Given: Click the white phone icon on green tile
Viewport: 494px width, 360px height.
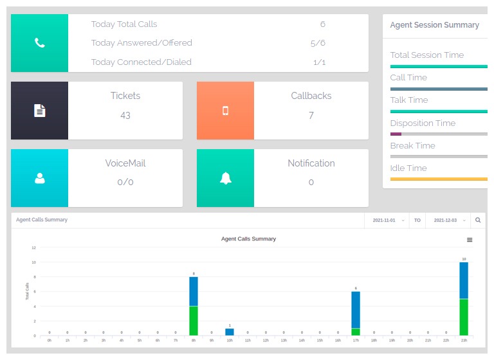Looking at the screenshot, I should point(39,43).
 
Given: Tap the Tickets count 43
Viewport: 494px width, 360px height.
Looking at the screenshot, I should point(125,116).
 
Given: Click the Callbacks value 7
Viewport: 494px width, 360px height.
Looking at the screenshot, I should point(311,116).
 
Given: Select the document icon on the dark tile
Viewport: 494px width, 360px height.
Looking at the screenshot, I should point(39,111).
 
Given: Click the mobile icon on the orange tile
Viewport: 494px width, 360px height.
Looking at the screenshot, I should point(225,111).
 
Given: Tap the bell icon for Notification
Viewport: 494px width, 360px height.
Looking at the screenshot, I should point(225,179).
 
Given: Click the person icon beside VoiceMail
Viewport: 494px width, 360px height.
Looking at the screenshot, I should point(39,179).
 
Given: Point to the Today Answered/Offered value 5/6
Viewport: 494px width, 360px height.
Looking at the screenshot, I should point(318,43).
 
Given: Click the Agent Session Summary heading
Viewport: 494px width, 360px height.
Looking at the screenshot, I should point(434,25).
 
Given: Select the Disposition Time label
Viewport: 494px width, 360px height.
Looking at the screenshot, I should point(423,123).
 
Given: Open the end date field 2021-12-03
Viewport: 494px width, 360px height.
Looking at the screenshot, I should point(447,220).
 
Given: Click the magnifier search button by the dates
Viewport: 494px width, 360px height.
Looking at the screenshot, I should point(478,220).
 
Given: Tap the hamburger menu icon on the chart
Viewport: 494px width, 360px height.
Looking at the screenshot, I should point(470,240).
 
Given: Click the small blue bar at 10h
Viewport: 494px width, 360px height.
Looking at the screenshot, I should point(230,332).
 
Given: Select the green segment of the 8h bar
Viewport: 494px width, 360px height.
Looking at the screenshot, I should point(194,320).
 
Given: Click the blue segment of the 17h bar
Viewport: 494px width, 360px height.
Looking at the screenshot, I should point(356,310).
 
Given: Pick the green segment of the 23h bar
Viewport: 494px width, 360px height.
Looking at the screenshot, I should point(464,317).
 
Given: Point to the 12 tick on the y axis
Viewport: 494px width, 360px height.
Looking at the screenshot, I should point(33,248).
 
